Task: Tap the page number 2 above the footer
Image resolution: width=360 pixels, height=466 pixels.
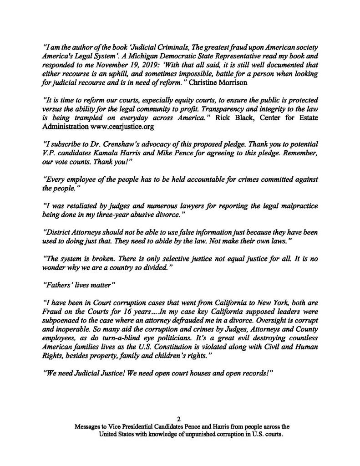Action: pyautogui.click(x=180, y=420)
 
